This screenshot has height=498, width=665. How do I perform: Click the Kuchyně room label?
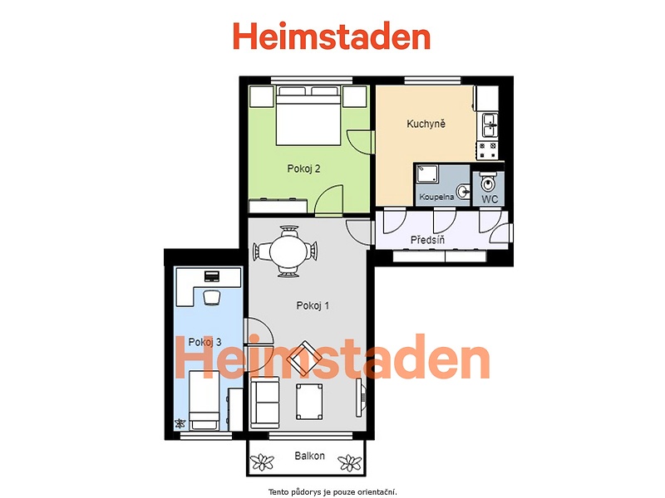(426, 124)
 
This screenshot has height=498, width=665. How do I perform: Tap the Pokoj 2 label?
(303, 168)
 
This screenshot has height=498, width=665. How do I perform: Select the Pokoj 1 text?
(313, 305)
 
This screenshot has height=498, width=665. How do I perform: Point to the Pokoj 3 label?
(204, 342)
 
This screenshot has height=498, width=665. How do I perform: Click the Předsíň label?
(427, 240)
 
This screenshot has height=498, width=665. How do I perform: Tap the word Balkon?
(309, 456)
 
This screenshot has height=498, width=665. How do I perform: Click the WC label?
(490, 199)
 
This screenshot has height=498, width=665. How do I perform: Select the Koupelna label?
(436, 197)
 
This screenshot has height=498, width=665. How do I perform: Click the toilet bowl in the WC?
(489, 183)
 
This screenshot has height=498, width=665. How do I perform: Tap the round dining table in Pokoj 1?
(288, 251)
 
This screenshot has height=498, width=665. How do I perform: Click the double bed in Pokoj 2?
(308, 115)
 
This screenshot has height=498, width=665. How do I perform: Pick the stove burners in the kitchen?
(487, 150)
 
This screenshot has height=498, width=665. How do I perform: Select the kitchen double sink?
(490, 125)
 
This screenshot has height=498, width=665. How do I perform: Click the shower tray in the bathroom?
(427, 174)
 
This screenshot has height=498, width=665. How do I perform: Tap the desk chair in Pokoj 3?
(212, 297)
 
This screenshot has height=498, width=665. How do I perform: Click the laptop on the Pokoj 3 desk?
(212, 276)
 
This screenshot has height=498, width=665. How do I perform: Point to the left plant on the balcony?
(262, 462)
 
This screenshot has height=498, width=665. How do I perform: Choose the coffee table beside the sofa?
(309, 402)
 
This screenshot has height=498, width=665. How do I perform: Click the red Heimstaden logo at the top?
(332, 37)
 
